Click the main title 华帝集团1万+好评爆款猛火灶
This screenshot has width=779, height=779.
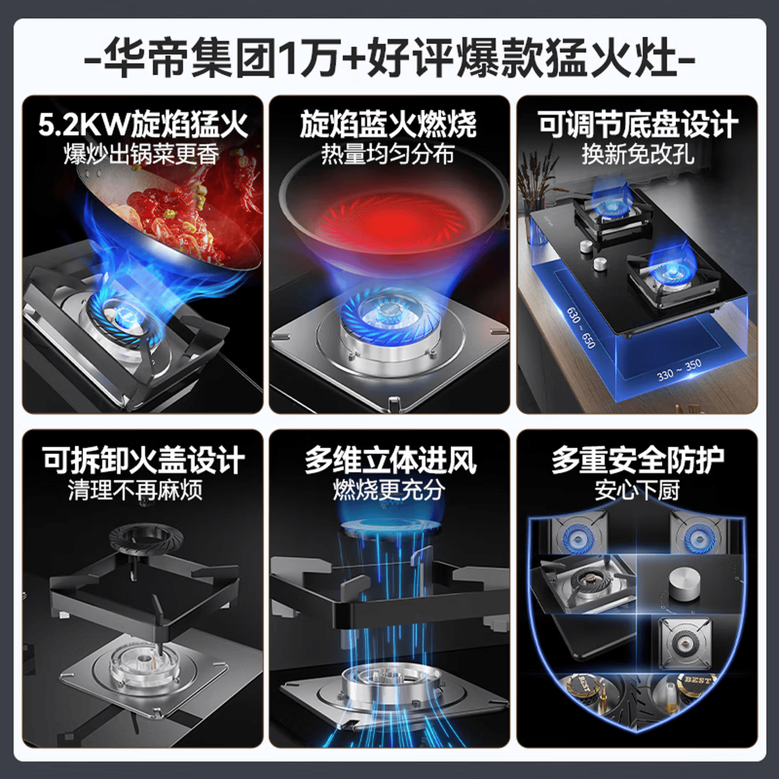coord(389,57)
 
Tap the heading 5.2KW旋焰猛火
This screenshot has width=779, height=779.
coord(143,124)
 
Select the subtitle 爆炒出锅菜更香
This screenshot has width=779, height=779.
coord(142,154)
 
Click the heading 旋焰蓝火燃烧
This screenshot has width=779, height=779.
coord(388,124)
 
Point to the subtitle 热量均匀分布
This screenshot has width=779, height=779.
coord(388,154)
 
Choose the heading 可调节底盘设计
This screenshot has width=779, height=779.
coord(637,124)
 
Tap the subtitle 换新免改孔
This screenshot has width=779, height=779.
coord(637,154)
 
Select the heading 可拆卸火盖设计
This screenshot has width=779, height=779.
coord(143,460)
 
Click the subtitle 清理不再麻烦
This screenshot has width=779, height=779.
coord(135,490)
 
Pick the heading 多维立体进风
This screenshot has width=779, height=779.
coord(390,460)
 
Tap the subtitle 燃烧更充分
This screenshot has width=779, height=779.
coord(389,490)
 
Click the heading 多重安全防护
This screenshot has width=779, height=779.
coord(637,460)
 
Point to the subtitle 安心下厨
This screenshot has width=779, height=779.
coord(637,490)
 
